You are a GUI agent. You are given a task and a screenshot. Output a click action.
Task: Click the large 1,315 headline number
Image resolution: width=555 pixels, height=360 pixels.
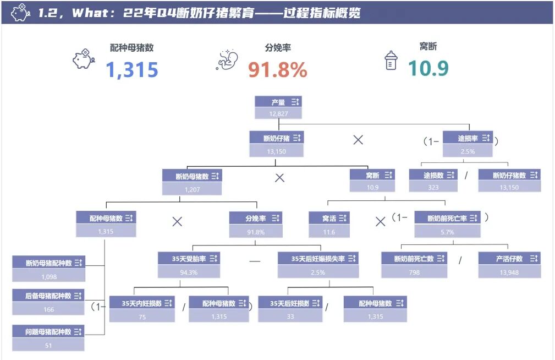tap(132, 70)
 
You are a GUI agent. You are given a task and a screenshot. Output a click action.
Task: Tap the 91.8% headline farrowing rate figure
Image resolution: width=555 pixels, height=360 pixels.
tap(277, 70)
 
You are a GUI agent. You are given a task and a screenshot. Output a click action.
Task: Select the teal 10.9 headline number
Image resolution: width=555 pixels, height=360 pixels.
tap(428, 68)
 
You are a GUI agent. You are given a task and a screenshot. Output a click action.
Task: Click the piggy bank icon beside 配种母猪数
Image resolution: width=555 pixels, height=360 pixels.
tap(84, 58)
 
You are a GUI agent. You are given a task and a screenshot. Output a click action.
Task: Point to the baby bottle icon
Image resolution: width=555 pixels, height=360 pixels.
tap(391, 61)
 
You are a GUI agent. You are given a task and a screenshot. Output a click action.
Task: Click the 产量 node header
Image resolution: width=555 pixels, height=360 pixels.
tap(278, 102)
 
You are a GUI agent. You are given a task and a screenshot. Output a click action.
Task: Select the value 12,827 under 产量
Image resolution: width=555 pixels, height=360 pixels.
tap(278, 113)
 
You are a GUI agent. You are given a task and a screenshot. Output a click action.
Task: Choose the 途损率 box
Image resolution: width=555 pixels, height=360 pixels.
tap(468, 138)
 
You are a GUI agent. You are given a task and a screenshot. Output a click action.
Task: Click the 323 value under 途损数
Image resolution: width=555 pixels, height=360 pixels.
tap(433, 187)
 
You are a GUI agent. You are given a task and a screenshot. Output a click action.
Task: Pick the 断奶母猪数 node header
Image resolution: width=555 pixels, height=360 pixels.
tap(192, 176)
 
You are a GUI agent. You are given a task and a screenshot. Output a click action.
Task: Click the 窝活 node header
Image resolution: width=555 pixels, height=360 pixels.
tap(329, 219)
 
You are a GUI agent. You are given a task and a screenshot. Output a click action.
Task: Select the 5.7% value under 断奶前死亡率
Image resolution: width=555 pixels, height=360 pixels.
tap(447, 232)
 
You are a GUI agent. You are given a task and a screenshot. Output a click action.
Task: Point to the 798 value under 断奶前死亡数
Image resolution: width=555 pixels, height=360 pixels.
tap(414, 272)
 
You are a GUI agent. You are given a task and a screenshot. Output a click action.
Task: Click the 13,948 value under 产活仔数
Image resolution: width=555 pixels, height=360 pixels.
tap(509, 272)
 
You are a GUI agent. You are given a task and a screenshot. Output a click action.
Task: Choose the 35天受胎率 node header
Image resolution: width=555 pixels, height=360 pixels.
tap(188, 258)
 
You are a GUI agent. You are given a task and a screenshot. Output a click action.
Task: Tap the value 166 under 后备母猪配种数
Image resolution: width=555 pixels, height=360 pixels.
tap(48, 309)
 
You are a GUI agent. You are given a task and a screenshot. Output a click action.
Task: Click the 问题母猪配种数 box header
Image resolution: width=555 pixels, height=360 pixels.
tap(48, 331)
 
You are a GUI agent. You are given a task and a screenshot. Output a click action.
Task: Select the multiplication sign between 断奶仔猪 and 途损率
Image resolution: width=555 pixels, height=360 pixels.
tap(358, 140)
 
